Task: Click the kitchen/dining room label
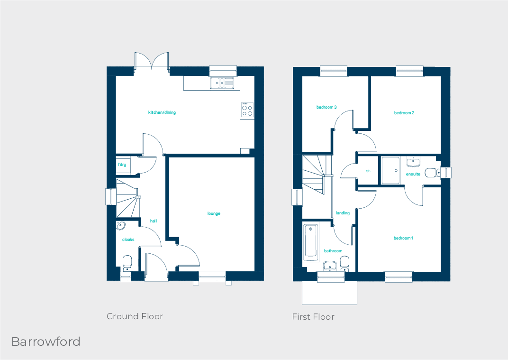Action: (x=162, y=112)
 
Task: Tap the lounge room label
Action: (x=214, y=213)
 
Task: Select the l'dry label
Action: (x=122, y=165)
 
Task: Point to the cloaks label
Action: (x=128, y=240)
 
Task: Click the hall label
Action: (x=154, y=221)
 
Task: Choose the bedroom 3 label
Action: (x=327, y=107)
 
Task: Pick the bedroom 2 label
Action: (x=404, y=113)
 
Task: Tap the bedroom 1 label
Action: (x=403, y=238)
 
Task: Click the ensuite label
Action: (x=413, y=174)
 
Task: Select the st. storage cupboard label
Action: (x=368, y=171)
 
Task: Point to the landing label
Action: (x=343, y=213)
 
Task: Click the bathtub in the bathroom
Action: (x=311, y=242)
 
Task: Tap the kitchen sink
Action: (x=222, y=83)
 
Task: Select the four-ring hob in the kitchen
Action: (x=247, y=111)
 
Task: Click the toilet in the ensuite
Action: (x=432, y=173)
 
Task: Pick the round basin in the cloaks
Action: (x=120, y=226)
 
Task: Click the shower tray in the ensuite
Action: (x=390, y=170)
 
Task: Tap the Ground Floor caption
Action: (x=135, y=316)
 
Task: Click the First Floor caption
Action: (x=313, y=317)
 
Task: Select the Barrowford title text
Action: (x=46, y=342)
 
